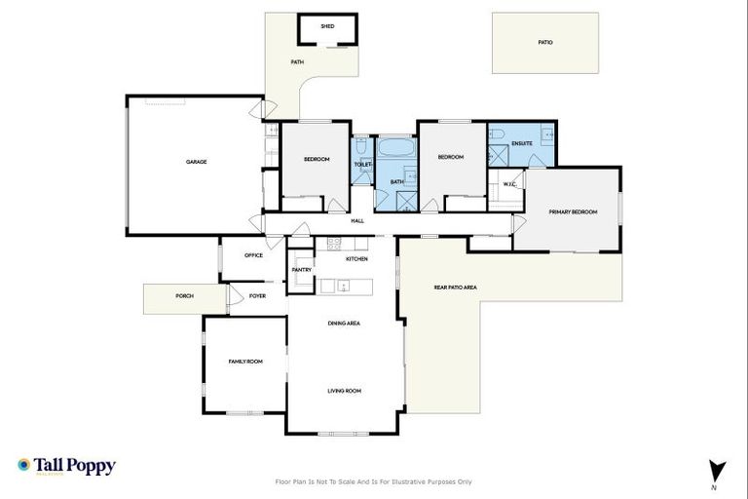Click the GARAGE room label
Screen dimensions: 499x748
[197, 162]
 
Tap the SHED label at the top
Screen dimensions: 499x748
[327, 26]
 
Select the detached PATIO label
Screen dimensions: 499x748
[545, 43]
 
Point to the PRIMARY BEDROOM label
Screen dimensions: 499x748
[572, 211]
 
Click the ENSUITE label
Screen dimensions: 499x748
[522, 143]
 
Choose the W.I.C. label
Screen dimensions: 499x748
[508, 184]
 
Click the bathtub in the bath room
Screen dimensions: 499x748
[396, 151]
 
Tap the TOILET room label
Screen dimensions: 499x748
[362, 165]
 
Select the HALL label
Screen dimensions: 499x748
[357, 221]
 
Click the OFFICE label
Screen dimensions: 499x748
[253, 255]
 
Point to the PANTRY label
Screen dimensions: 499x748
[302, 270]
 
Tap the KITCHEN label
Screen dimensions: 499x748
[356, 259]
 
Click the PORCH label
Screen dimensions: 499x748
[184, 295]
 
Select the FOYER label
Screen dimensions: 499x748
[257, 295]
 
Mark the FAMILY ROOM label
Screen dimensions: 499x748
[245, 362]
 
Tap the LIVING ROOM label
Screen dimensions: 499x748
[344, 391]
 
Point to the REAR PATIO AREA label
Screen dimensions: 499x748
[455, 288]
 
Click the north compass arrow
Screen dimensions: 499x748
[715, 471]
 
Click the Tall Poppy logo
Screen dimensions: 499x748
[66, 466]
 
